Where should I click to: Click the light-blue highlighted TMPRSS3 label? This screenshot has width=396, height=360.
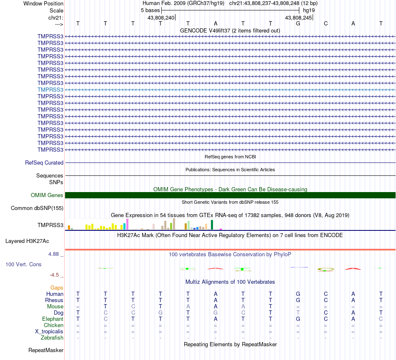[50, 90]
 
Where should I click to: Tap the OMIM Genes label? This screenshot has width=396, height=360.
[47, 195]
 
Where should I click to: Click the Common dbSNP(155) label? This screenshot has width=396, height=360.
[37, 208]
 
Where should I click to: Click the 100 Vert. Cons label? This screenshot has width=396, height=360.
[23, 264]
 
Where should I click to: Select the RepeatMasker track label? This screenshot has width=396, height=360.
[46, 350]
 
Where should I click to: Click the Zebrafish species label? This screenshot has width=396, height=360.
[53, 338]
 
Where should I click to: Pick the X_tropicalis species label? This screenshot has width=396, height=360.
[49, 332]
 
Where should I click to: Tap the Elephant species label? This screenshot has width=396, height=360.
[53, 319]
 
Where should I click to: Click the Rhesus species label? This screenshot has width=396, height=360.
[54, 300]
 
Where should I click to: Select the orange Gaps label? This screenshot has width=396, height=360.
[57, 287]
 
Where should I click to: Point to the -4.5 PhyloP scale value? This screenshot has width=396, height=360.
[55, 275]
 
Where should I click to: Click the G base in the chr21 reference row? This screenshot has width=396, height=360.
[298, 23]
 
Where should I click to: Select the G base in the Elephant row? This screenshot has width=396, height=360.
[298, 319]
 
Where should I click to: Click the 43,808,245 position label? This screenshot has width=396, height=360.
[298, 17]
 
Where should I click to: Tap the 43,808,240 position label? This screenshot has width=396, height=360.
[161, 17]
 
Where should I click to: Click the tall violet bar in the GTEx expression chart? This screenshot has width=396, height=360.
[127, 224]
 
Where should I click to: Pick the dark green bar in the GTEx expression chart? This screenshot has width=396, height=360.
[212, 225]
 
